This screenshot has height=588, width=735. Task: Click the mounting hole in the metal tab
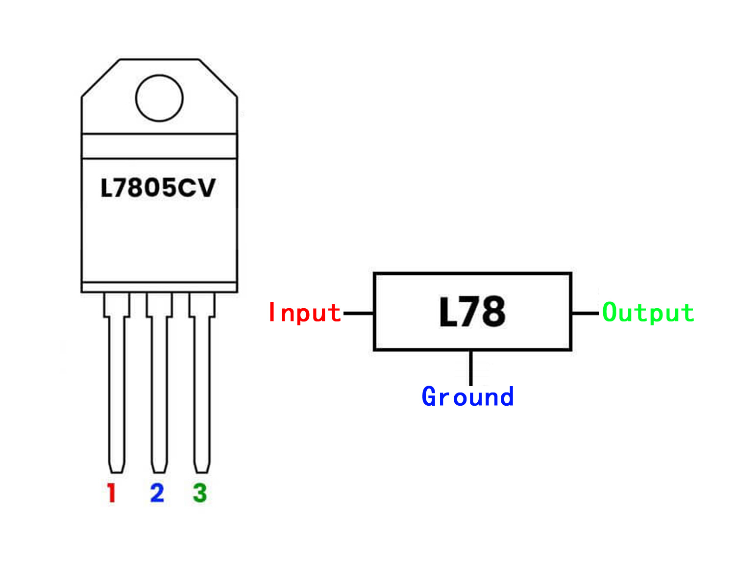click(x=159, y=98)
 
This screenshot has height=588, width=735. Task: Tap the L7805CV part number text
click(x=158, y=188)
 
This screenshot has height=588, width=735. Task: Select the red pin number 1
click(x=112, y=493)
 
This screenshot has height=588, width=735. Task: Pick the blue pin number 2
click(x=157, y=493)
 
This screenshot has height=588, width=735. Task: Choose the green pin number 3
click(x=200, y=493)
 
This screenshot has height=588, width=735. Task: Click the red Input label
click(x=304, y=313)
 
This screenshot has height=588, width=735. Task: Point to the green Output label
click(x=648, y=313)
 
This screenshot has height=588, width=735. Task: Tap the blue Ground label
click(x=467, y=397)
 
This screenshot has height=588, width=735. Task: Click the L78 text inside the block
click(x=472, y=312)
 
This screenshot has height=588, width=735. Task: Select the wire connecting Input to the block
click(x=359, y=313)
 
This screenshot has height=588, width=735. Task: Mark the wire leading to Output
click(x=586, y=313)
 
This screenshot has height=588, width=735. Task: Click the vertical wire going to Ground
click(x=471, y=367)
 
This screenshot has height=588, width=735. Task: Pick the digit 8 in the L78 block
click(x=492, y=312)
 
